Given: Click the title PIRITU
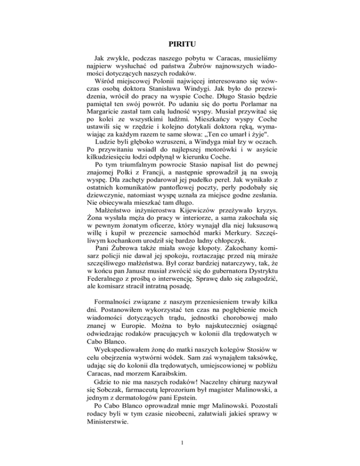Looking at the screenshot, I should pyautogui.click(x=180, y=45).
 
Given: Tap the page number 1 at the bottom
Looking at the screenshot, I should pyautogui.click(x=180, y=441).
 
